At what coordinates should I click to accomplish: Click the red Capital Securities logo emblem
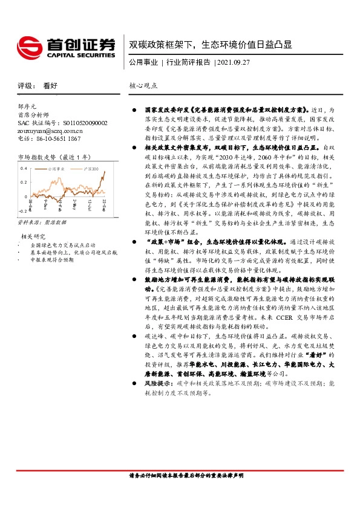(29, 46)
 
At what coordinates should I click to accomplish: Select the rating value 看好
(50, 86)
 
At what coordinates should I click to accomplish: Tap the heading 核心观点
(143, 86)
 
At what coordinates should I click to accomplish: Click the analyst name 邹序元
(28, 105)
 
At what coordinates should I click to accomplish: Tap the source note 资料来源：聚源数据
(40, 223)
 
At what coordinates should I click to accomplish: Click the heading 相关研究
(34, 236)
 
